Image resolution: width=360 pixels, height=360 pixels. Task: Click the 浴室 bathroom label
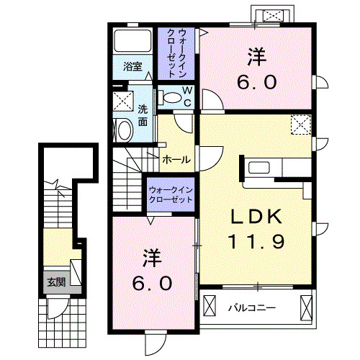click(x=132, y=67)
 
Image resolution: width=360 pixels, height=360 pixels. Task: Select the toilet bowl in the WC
click(x=172, y=98)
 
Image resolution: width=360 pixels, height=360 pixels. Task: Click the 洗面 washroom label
click(x=143, y=115)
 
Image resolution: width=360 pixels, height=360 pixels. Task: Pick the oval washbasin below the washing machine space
click(x=124, y=130)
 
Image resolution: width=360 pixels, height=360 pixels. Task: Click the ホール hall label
click(x=176, y=159)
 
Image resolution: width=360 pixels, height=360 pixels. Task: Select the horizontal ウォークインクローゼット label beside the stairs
click(x=171, y=194)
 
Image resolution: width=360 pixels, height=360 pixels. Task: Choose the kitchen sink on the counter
click(x=258, y=169)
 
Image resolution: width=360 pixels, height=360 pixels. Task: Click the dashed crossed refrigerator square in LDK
click(x=300, y=125)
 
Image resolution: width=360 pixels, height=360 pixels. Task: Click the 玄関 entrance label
click(x=56, y=282)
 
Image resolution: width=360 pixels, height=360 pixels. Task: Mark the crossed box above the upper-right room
click(x=272, y=15)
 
